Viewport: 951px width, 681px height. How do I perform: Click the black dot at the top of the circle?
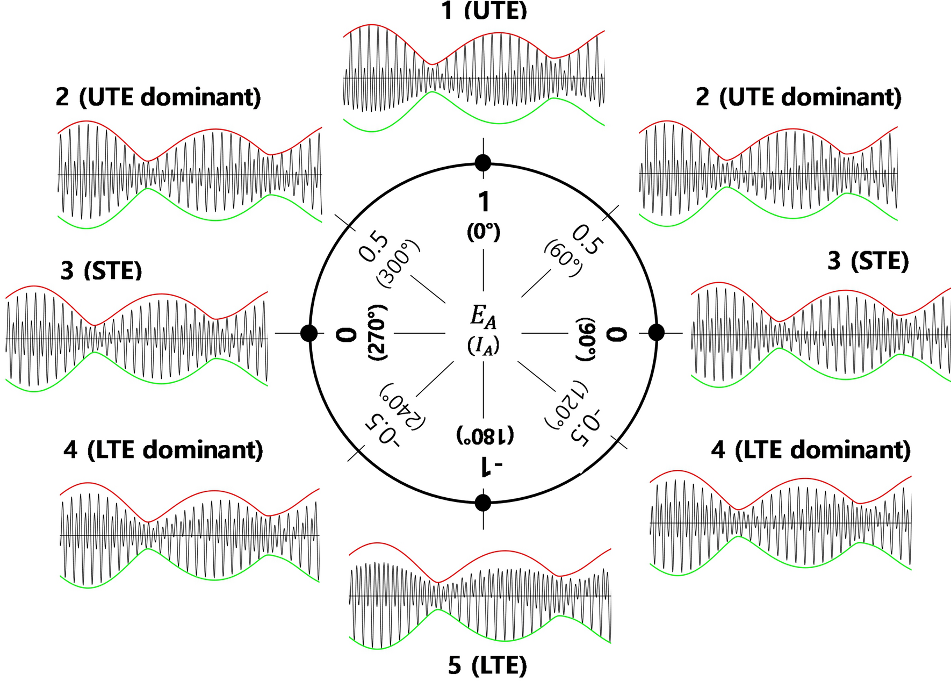point(483,162)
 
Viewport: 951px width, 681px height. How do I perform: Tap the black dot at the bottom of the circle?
point(483,503)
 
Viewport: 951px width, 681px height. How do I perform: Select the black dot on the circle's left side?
point(309,333)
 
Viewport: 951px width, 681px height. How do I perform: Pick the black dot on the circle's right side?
point(657,333)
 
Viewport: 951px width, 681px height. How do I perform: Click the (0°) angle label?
point(484,232)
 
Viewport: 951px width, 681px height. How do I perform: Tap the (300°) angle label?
point(398,263)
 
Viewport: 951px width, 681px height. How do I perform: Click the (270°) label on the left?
point(378,333)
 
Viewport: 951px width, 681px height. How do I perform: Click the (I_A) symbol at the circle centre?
point(483,346)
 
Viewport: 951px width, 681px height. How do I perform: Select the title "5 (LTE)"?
point(487,665)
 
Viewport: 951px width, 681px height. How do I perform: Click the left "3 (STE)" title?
point(101,271)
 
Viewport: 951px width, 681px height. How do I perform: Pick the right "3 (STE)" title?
point(868,261)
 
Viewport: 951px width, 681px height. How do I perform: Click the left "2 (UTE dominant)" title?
point(158,97)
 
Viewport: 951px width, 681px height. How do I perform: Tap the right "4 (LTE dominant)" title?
point(811,449)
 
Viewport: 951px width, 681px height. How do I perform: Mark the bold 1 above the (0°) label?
point(484,202)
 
